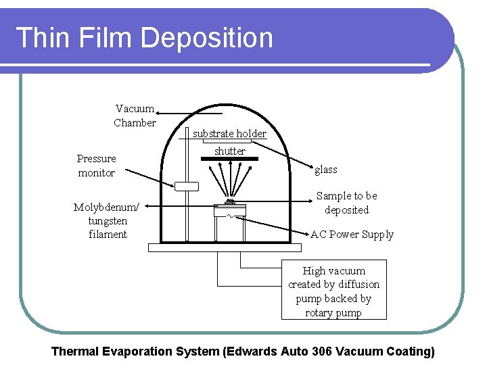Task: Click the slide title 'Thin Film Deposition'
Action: tap(144, 38)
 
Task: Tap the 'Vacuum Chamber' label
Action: tap(135, 116)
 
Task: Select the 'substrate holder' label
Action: tap(229, 134)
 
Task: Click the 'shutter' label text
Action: tap(230, 151)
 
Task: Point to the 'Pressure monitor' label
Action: tap(96, 166)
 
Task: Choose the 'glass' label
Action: tap(326, 170)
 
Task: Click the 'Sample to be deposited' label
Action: tap(346, 203)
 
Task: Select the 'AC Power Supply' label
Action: tap(352, 235)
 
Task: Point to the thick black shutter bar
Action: tap(229, 159)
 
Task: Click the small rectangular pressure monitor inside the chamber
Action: tap(185, 186)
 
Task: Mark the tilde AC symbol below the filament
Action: tap(229, 216)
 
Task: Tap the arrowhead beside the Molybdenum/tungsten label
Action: tap(147, 205)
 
